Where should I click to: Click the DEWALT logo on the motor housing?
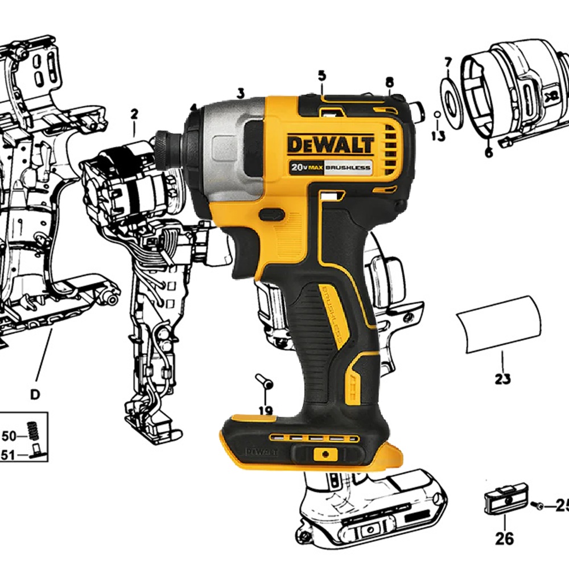click(330, 144)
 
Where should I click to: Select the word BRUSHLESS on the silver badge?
click(348, 168)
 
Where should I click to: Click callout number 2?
click(134, 114)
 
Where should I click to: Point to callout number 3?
click(241, 93)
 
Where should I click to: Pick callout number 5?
click(322, 76)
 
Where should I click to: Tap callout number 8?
click(389, 83)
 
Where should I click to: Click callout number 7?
click(448, 63)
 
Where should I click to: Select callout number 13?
click(438, 136)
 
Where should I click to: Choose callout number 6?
click(489, 152)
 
